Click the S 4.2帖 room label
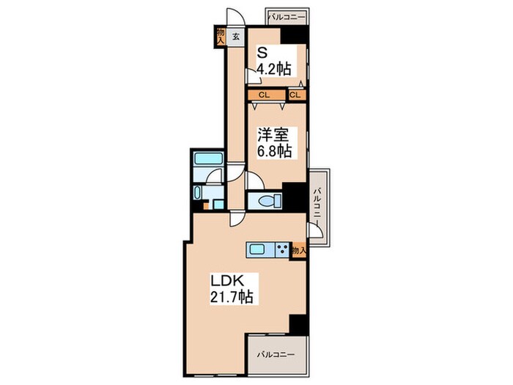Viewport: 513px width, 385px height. pos(273,62)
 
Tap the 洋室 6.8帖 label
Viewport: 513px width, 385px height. pos(274,142)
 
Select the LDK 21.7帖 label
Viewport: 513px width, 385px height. pos(233,289)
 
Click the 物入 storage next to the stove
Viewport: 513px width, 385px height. pos(298,251)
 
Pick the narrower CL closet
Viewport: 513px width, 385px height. pos(296,95)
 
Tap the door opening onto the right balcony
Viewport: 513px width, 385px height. pos(314,230)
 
